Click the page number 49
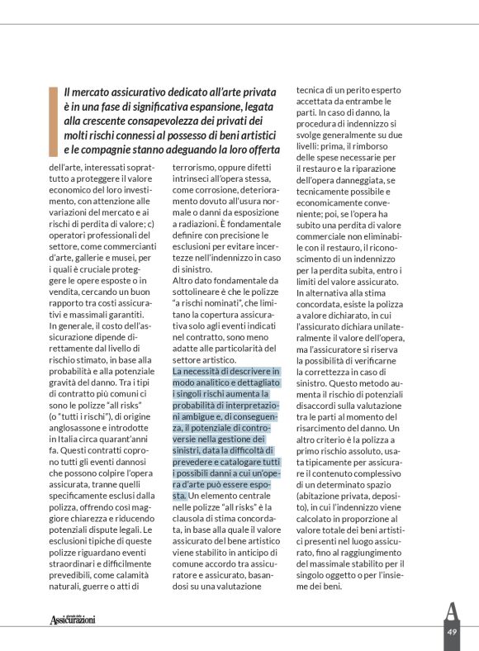[452, 631]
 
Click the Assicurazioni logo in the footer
[73, 619]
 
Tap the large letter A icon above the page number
[451, 612]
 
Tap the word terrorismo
[197, 166]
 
